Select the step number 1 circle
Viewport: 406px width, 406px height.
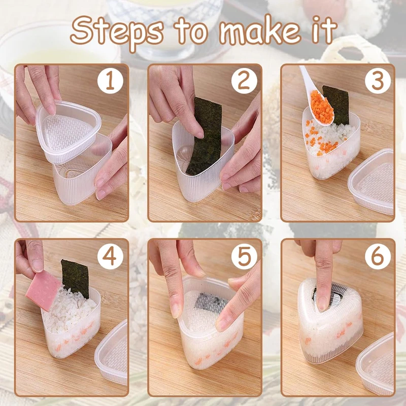coord(110,81)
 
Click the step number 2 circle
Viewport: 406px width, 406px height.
coord(244,81)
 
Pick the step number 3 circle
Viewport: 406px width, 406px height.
coord(378,81)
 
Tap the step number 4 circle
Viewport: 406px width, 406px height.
coord(110,256)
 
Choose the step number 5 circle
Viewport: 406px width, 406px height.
coord(244,256)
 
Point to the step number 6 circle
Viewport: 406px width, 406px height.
coord(378,256)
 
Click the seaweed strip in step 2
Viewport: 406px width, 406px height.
coord(205,136)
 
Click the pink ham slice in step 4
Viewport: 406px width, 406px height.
coord(43,290)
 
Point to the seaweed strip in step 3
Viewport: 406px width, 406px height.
coord(336,105)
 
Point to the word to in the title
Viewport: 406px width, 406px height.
coord(192,31)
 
